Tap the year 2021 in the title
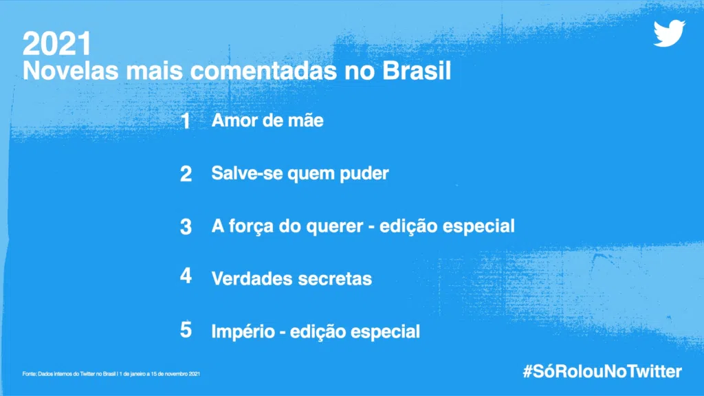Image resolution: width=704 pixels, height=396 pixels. click(x=57, y=45)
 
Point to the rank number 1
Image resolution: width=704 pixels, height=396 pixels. click(x=186, y=122)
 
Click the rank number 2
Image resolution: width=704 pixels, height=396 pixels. click(x=186, y=174)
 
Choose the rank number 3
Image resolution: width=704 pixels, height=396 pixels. click(x=186, y=227)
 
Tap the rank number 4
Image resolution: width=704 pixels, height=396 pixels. click(x=186, y=278)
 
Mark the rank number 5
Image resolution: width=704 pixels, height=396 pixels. click(x=186, y=330)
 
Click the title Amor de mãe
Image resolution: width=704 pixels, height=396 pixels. click(x=267, y=121)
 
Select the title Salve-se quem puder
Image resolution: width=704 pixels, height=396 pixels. click(x=300, y=174)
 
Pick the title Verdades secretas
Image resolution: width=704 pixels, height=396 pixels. click(x=291, y=278)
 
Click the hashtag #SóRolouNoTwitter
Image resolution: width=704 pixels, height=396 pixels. click(x=602, y=372)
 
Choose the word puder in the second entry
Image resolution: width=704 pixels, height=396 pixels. click(x=364, y=174)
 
